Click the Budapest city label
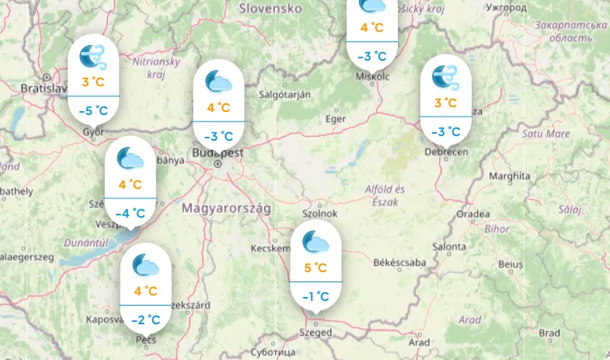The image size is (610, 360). pos(218,153)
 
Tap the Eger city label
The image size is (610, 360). pos(335,119)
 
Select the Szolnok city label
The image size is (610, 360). pos(319,214)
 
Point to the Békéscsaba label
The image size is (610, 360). pos(400,263)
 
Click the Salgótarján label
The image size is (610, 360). pos(284,94)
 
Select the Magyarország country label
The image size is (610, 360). pos(225,208)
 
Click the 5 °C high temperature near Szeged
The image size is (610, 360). pos(315,268)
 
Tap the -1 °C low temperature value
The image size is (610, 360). pos(315,295)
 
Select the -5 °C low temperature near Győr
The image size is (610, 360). pos(93,110)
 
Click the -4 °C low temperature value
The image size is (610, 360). pos(131,213)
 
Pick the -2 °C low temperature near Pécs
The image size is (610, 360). pos(145,319)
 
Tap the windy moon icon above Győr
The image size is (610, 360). pos(93,55)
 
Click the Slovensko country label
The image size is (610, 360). pos(270,9)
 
